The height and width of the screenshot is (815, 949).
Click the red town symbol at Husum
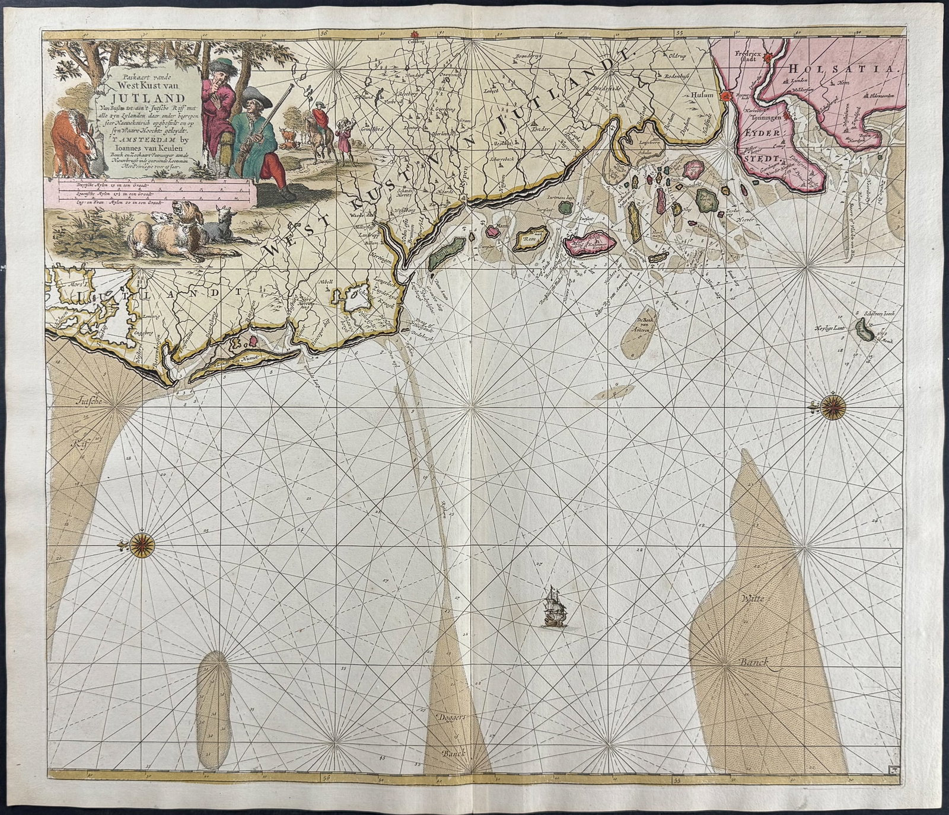point(725,95)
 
